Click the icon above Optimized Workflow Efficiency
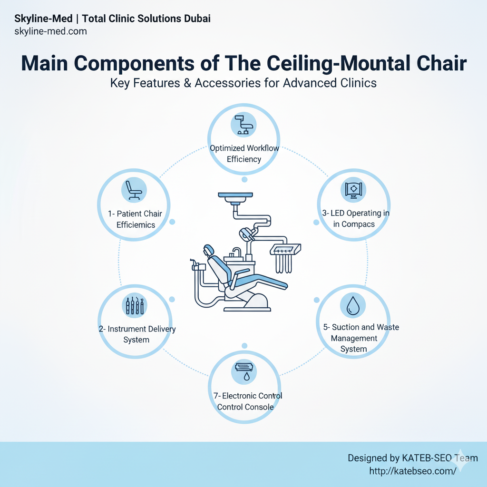[243, 125]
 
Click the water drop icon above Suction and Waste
[353, 305]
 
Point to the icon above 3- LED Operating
[353, 189]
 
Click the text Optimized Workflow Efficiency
[244, 154]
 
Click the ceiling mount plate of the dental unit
[235, 195]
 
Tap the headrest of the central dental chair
[208, 250]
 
